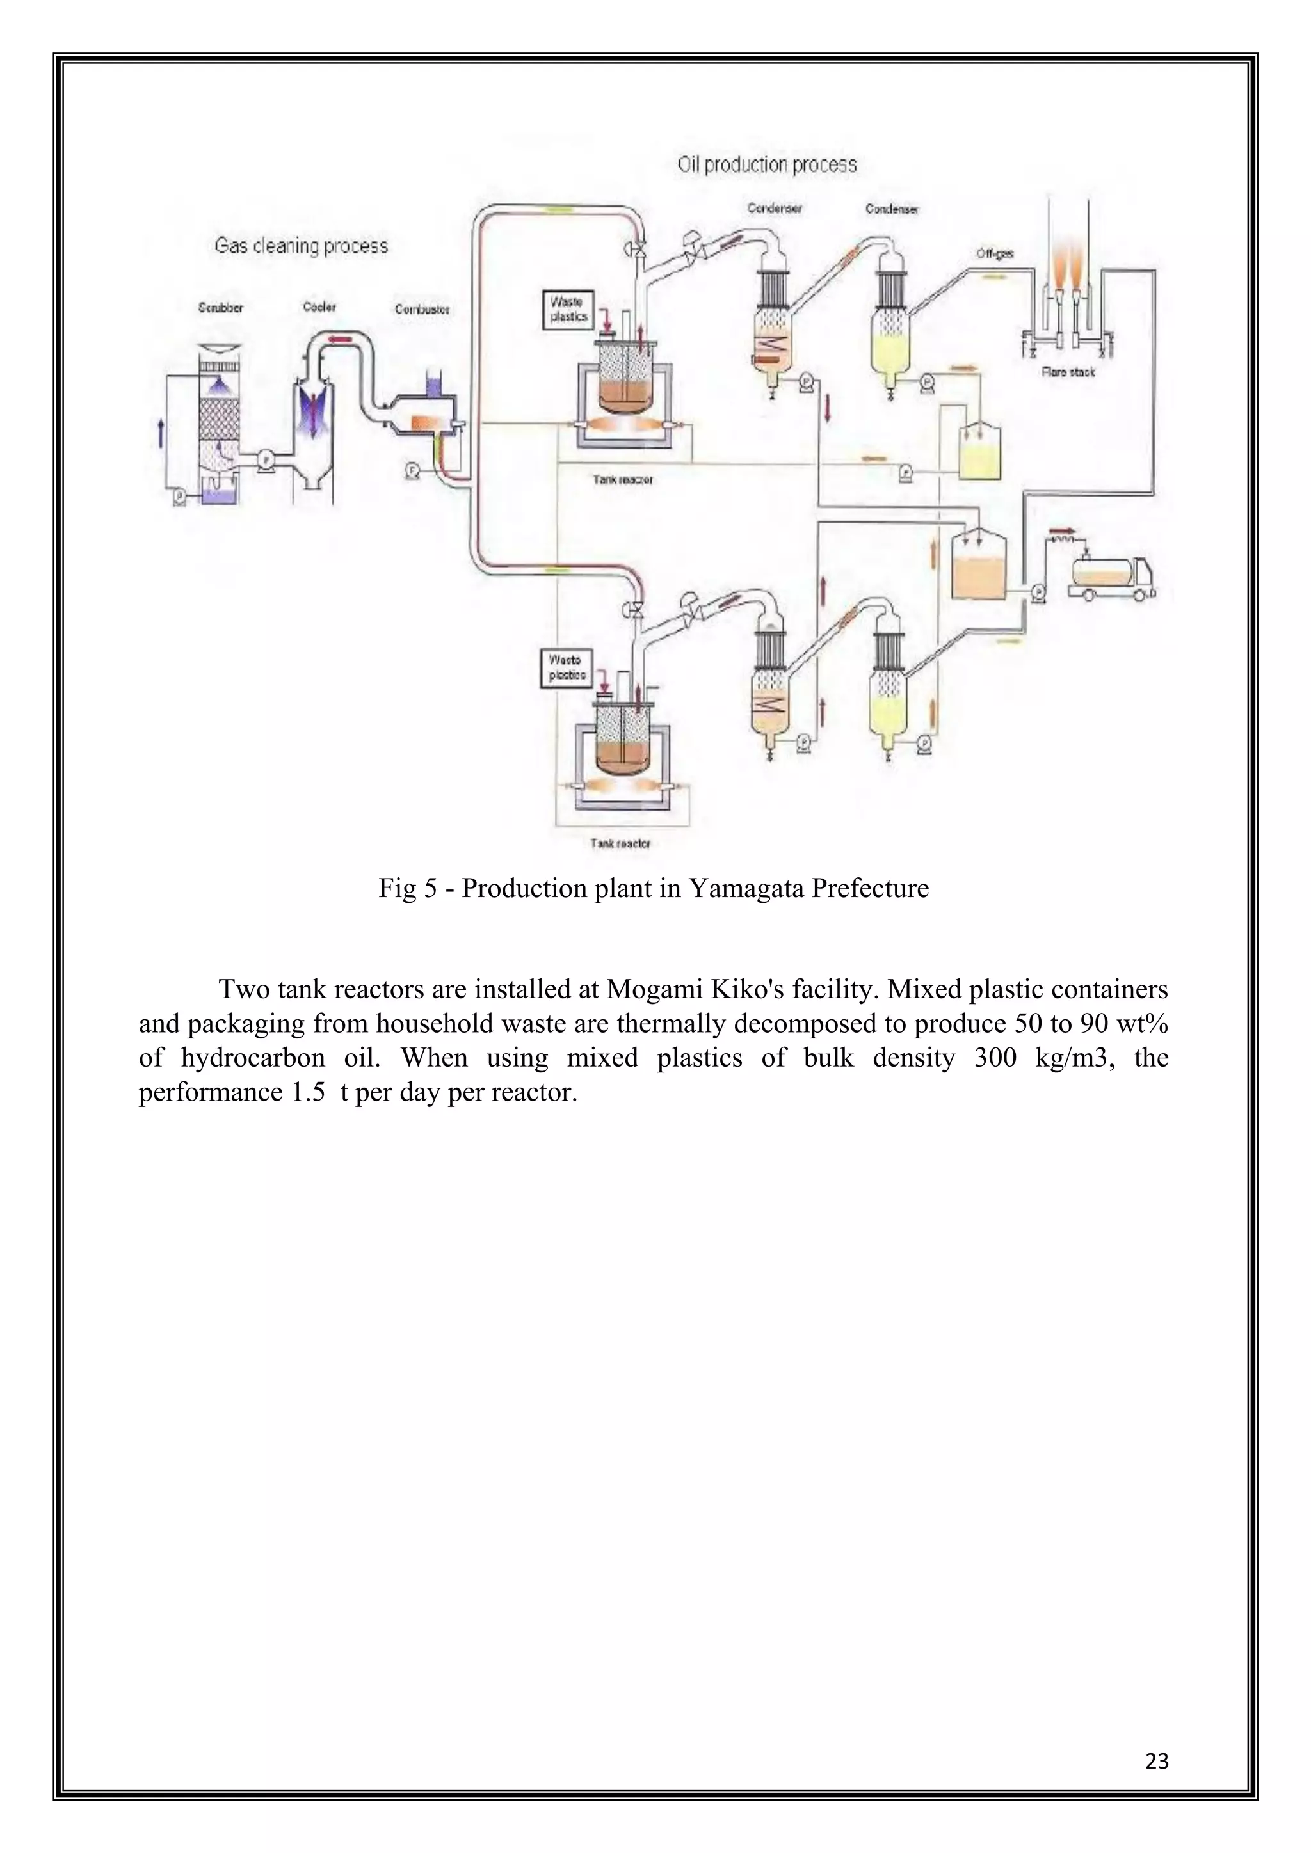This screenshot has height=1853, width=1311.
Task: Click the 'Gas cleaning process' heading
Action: (x=301, y=246)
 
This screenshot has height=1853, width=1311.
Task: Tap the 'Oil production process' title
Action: (x=766, y=166)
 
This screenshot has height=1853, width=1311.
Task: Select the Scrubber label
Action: (x=220, y=308)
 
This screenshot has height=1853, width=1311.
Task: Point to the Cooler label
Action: (x=319, y=306)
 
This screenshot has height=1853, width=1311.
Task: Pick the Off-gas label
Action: (x=995, y=253)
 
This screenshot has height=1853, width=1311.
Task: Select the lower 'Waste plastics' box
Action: (x=567, y=668)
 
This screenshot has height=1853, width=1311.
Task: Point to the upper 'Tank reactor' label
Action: (x=622, y=479)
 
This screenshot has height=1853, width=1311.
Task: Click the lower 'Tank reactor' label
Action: (x=620, y=843)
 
